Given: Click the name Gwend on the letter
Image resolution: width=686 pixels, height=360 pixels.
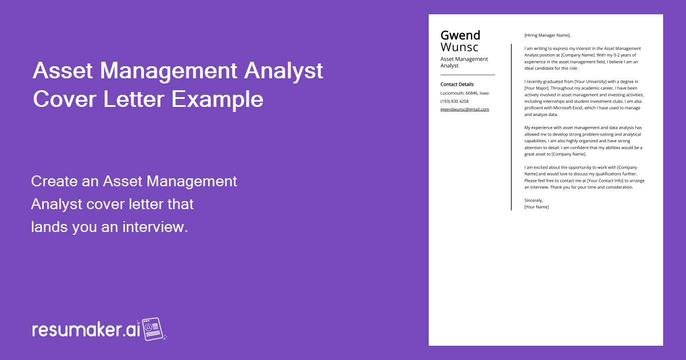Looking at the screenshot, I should pos(460,35).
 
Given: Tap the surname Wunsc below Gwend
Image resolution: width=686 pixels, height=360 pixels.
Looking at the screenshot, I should pos(460,47).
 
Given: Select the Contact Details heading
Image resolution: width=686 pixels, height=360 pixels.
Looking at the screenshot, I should pos(457,85).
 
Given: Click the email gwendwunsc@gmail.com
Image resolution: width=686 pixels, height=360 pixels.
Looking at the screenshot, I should pos(464,109).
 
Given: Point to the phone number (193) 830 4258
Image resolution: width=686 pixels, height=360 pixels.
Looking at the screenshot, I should pos(454,101).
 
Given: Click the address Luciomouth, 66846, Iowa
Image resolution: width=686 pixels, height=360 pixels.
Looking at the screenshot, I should pos(464,93).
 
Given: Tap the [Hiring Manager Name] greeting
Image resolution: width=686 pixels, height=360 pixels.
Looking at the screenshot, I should pos(547,35).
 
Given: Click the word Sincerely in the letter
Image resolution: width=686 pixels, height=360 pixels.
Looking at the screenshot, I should pos(533,200).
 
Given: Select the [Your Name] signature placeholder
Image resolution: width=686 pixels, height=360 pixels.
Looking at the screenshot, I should pos(536,207).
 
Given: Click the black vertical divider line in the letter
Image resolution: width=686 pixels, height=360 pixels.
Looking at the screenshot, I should pos(511,126).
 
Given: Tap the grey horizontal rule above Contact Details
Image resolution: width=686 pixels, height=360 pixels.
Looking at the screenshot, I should pos(467,75).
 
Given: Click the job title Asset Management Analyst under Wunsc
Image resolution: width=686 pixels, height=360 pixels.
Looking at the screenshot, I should pos(464,62).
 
